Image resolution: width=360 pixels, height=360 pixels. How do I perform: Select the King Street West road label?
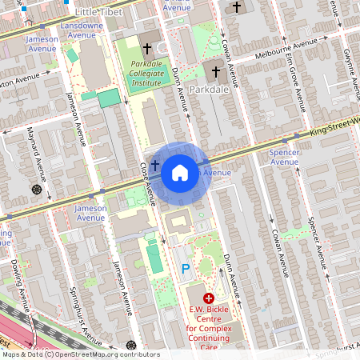[x=331, y=124]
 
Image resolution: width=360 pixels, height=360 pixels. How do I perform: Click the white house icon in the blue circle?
[x=180, y=173]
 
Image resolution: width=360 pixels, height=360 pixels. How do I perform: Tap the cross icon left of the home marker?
[x=154, y=163]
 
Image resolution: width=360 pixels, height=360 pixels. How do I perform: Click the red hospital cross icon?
[x=208, y=298]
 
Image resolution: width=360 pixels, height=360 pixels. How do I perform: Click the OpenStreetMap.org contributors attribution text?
[x=113, y=354]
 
